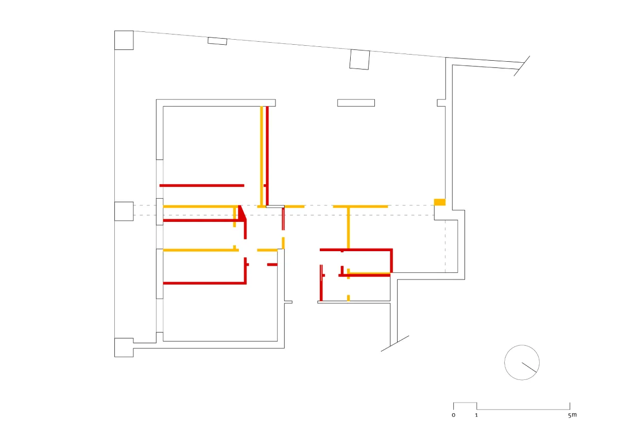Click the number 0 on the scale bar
tap(454, 415)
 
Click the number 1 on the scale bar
tap(476, 415)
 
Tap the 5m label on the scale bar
tap(573, 415)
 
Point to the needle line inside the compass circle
tap(529, 368)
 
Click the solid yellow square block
tap(440, 202)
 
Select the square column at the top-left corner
tap(124, 40)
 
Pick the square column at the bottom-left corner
tap(124, 347)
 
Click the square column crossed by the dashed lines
tap(124, 212)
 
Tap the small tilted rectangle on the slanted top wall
tap(217, 41)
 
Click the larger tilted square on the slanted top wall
tap(360, 60)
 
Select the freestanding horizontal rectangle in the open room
tap(356, 103)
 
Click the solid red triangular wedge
tap(242, 213)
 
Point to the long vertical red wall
tap(267, 156)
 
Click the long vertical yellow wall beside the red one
tap(262, 156)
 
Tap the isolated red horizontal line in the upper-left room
tap(202, 185)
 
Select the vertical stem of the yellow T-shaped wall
tap(349, 228)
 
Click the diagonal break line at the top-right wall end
tap(522, 66)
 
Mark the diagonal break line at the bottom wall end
tap(395, 343)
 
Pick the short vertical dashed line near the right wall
tap(445, 246)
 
